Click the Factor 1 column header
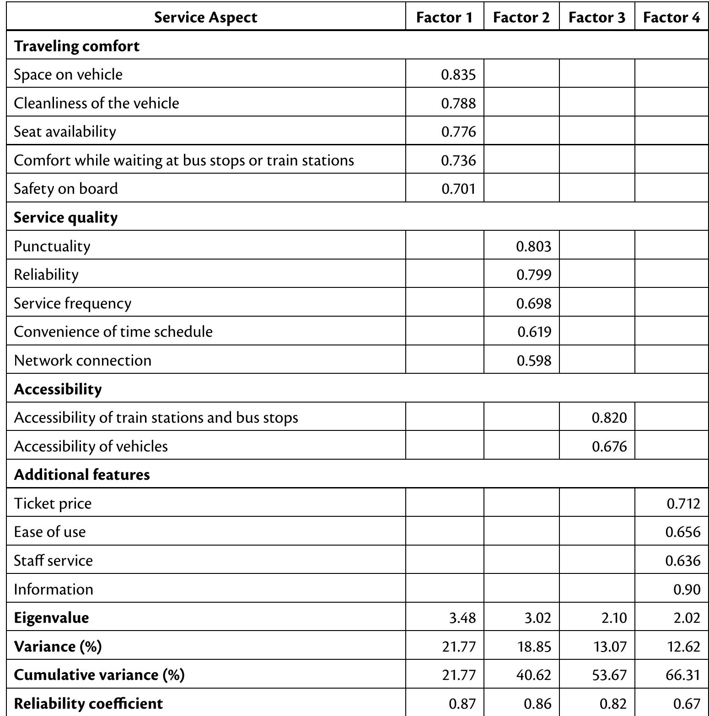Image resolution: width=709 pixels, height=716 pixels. click(x=444, y=17)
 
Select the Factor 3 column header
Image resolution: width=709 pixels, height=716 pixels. click(x=596, y=17)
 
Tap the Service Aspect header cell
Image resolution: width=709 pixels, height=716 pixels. click(x=205, y=17)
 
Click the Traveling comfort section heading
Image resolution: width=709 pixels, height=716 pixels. click(x=76, y=46)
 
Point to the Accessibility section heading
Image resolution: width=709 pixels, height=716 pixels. click(x=58, y=389)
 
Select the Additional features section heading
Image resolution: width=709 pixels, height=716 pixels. click(x=81, y=474)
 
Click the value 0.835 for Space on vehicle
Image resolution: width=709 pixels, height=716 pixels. click(x=458, y=74)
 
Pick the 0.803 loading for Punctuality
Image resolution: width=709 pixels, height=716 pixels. click(x=533, y=246)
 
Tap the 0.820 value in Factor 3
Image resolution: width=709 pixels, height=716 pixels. click(x=609, y=418)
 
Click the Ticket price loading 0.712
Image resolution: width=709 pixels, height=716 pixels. click(x=683, y=504)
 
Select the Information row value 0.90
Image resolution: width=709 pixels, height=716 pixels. click(x=687, y=589)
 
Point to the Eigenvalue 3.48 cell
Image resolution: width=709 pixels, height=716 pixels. click(x=462, y=618)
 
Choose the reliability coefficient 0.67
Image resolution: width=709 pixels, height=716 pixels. click(x=687, y=704)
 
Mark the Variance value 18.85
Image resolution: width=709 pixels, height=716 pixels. click(x=534, y=647)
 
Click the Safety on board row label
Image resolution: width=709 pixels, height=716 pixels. click(x=65, y=189)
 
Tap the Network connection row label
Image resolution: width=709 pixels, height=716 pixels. click(x=82, y=361)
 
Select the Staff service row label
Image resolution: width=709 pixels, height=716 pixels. click(x=53, y=561)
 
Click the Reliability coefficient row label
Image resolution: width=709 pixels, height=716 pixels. click(x=88, y=704)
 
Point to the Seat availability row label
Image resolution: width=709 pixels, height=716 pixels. click(x=64, y=132)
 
